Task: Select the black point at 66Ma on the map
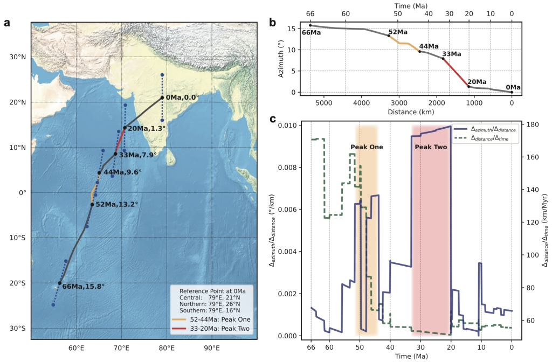point(59,283)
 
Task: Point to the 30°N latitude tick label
point(18,57)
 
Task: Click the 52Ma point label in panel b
point(398,32)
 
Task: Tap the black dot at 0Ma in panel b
point(512,92)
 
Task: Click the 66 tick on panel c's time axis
point(311,347)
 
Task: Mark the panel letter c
point(273,120)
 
